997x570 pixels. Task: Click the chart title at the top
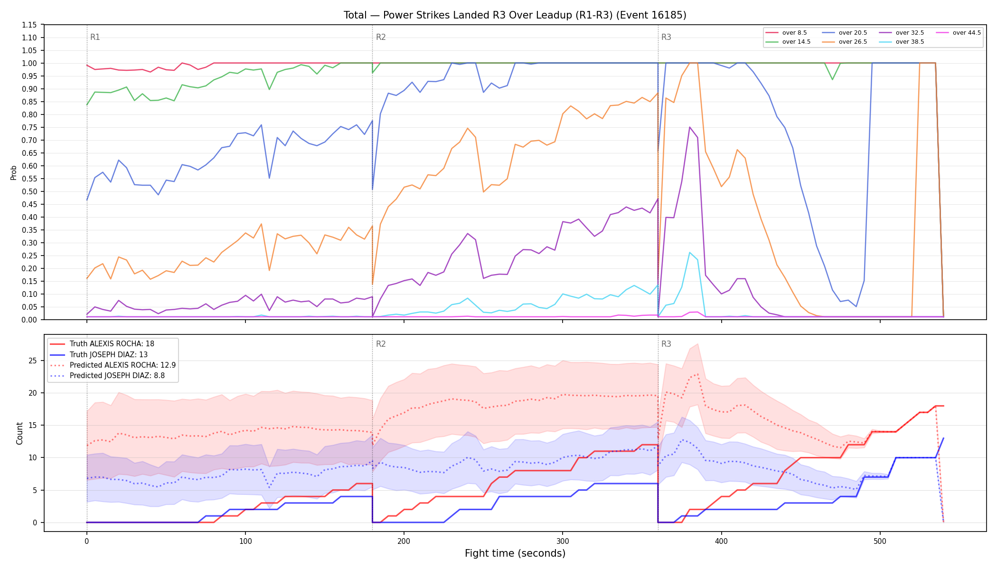click(515, 15)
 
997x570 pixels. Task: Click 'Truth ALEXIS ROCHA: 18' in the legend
click(102, 344)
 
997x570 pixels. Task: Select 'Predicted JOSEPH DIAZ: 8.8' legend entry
click(107, 376)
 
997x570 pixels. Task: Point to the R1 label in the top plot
click(95, 37)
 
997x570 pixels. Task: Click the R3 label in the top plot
click(666, 37)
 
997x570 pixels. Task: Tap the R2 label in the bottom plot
click(381, 344)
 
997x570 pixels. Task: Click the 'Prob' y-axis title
click(14, 172)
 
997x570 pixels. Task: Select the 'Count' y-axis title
click(19, 433)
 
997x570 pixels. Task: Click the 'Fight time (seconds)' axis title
click(515, 553)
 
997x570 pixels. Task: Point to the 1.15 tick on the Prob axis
click(29, 25)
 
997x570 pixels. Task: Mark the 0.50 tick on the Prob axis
click(29, 191)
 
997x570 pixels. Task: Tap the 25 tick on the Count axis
click(33, 361)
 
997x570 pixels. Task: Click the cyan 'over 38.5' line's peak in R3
click(689, 252)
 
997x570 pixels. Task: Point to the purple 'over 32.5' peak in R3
click(689, 127)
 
